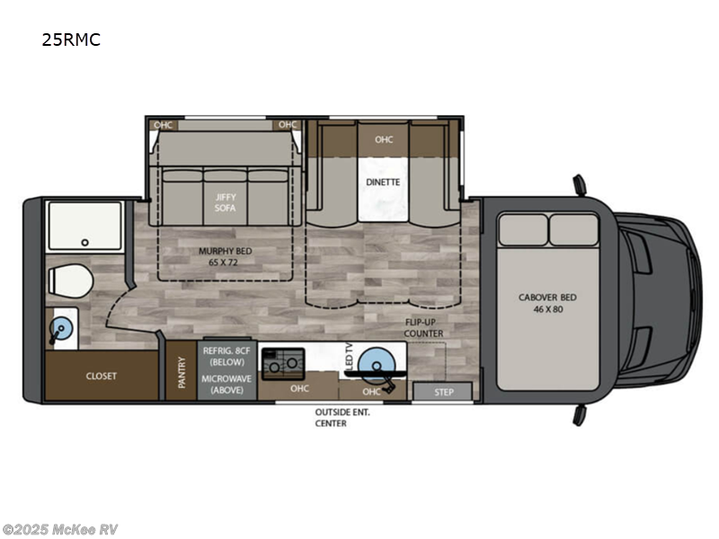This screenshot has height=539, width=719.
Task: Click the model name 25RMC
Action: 70,40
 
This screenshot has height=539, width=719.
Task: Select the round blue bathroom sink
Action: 61,329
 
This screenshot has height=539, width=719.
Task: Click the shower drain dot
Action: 84,242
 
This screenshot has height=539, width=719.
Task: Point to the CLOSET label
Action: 102,376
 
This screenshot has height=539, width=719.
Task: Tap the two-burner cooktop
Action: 283,362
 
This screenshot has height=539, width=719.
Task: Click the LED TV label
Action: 348,357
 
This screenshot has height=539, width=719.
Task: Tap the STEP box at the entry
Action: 444,392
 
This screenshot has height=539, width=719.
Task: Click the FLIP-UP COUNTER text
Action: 422,327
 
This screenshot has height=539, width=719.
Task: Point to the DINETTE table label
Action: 383,181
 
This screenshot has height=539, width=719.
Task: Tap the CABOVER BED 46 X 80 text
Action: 547,303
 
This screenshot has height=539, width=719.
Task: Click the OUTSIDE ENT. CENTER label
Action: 342,417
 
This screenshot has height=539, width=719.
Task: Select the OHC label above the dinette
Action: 384,139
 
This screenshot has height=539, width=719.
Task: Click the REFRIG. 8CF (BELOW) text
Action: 226,356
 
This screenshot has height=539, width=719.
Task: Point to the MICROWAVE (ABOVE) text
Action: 226,383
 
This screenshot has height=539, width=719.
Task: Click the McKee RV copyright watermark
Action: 61,529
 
